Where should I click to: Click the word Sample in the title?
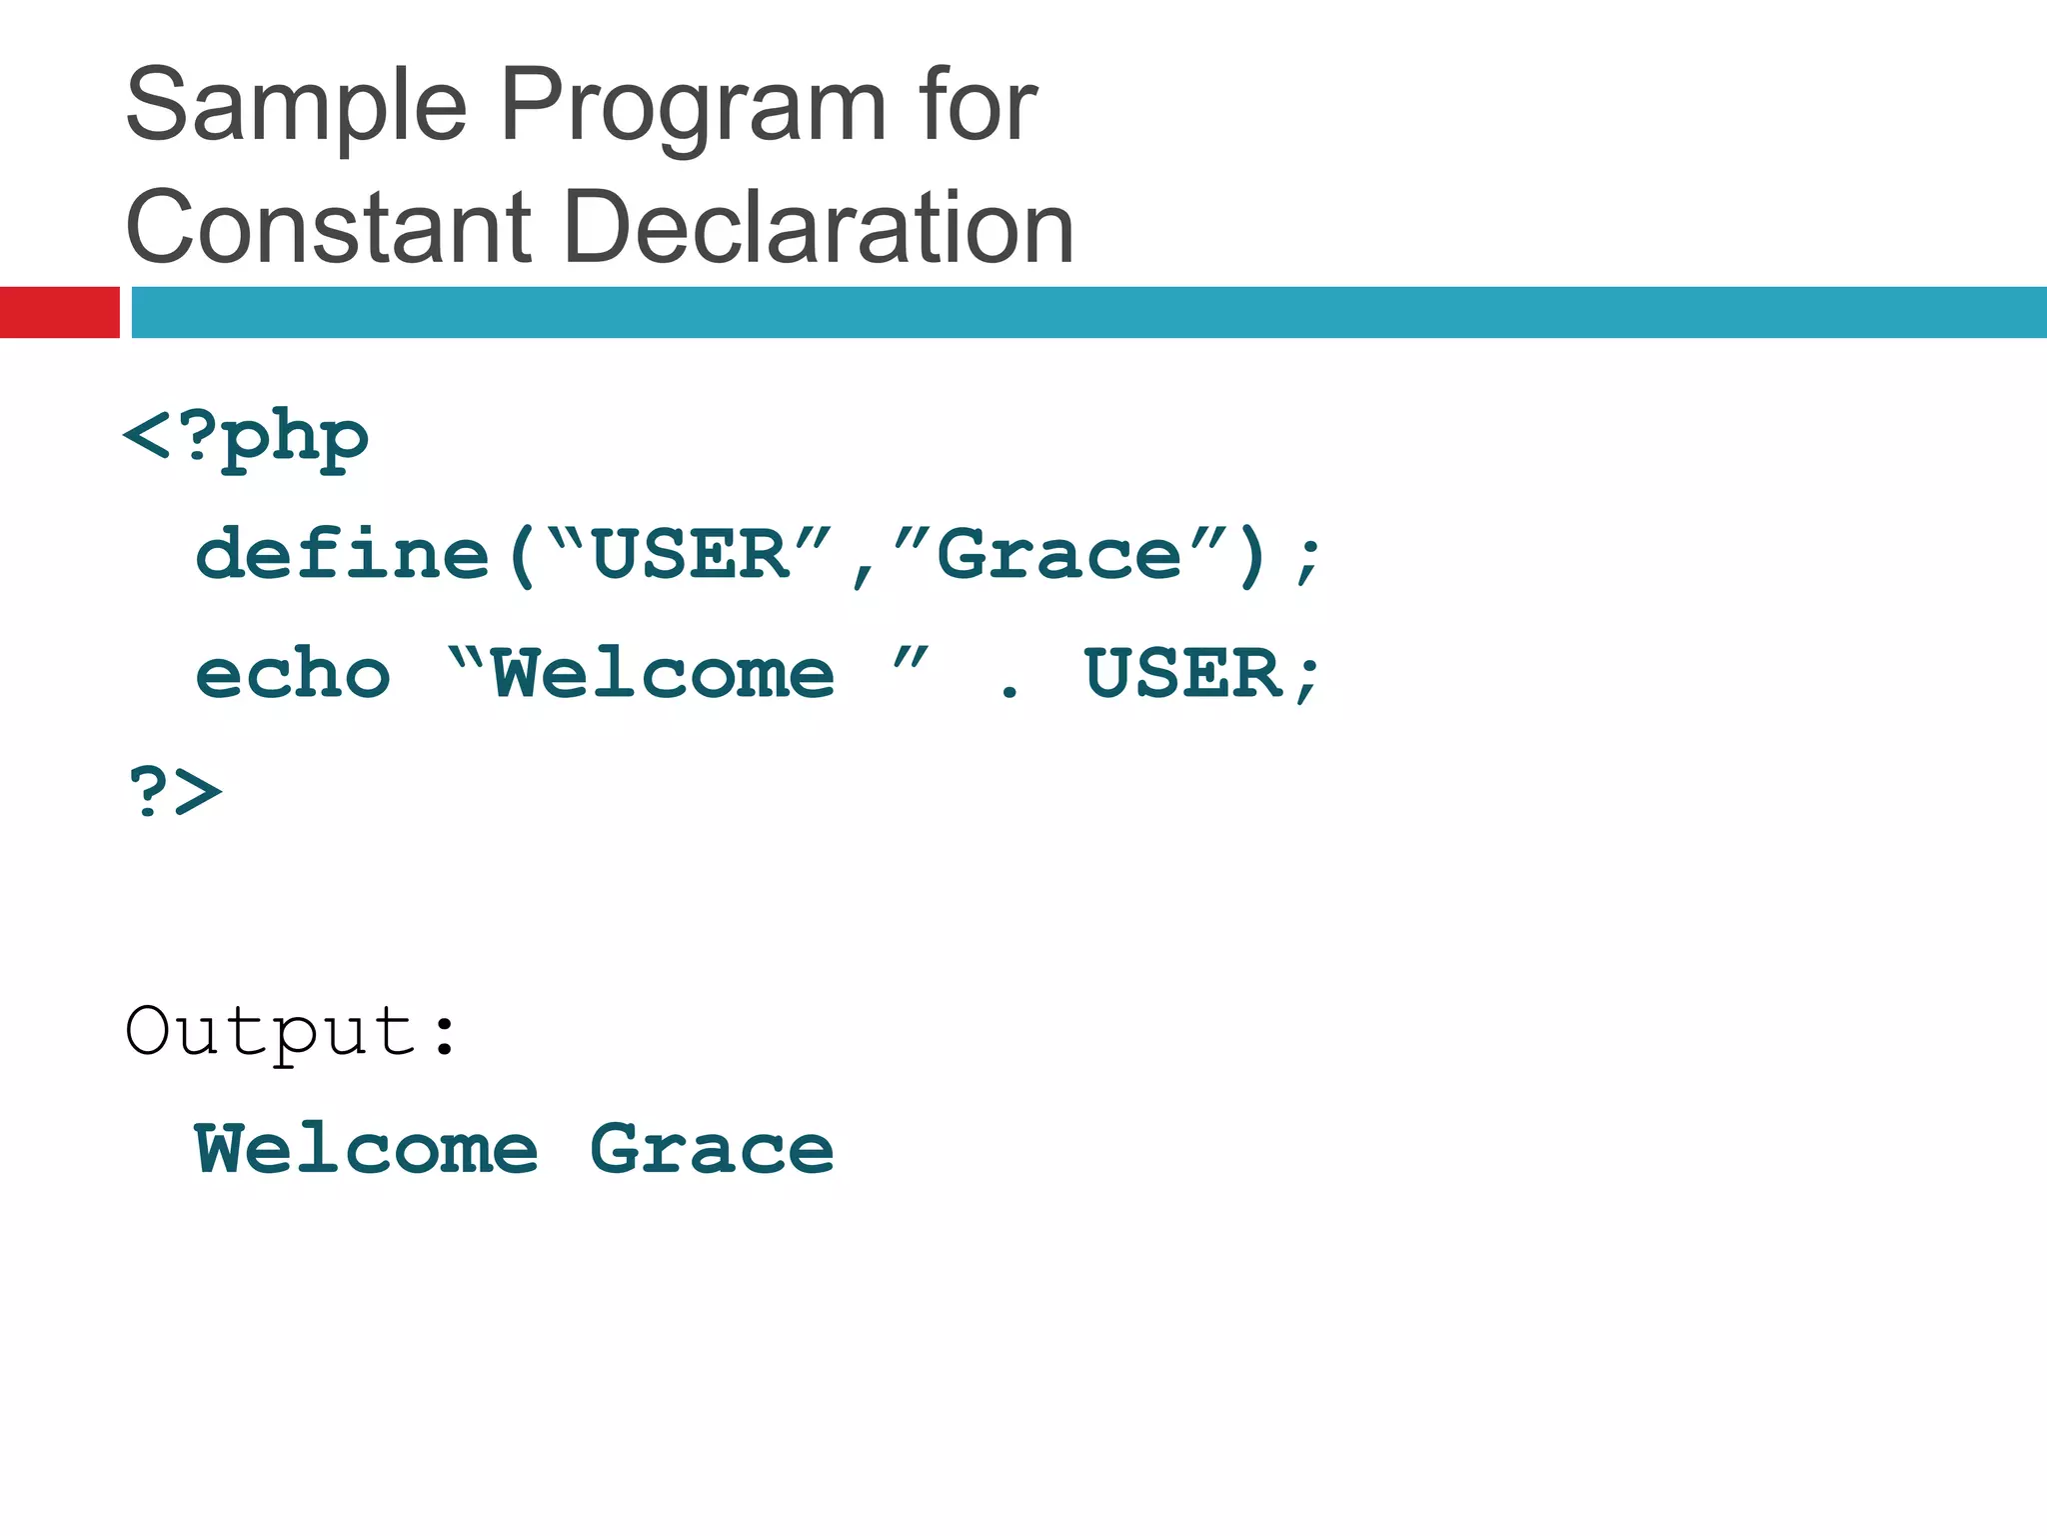click(297, 106)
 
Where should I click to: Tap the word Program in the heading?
click(693, 106)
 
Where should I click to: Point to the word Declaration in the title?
click(819, 228)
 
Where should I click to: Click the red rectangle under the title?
click(59, 312)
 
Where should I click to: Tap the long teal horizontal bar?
click(1088, 312)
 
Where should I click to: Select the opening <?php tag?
click(246, 439)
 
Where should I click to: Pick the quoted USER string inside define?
click(691, 555)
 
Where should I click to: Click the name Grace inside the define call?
click(1059, 555)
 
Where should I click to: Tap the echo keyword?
click(293, 674)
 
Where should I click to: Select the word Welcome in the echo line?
click(663, 674)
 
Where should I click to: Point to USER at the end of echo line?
click(1183, 674)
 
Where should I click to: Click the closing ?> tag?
click(176, 792)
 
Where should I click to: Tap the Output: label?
click(291, 1031)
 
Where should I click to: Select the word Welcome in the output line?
click(367, 1150)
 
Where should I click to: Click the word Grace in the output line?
click(712, 1150)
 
